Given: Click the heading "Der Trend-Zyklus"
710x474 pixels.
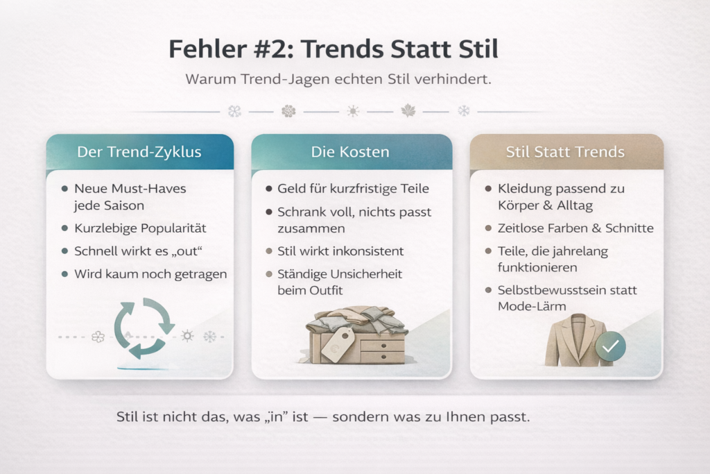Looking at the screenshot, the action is (139, 152).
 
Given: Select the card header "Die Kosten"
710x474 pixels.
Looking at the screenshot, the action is (350, 152).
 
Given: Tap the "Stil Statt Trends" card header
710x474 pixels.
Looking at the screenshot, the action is (565, 152).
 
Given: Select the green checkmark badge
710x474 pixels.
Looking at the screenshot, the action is (610, 346).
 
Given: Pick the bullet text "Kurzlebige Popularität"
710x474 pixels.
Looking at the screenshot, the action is (140, 228).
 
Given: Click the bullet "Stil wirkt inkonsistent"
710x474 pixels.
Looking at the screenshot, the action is (340, 251).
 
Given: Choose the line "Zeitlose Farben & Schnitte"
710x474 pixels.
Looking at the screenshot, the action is (575, 228).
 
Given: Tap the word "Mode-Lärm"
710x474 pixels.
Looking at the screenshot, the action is (532, 306).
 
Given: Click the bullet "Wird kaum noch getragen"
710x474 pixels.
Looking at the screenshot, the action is (150, 274).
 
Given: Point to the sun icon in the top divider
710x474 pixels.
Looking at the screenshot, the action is (353, 111).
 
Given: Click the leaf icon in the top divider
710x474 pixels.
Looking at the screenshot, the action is (408, 110).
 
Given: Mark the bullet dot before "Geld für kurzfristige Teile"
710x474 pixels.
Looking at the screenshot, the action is (269, 189).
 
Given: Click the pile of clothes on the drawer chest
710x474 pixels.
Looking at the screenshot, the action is (356, 319).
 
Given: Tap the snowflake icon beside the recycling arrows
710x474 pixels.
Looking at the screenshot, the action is (209, 337).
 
